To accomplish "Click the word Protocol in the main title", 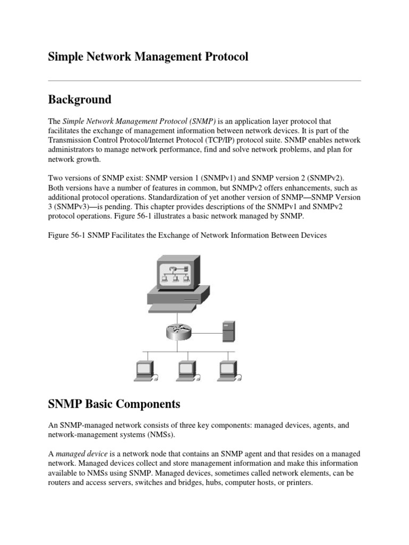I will click(224, 56).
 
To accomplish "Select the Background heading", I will click(79, 100).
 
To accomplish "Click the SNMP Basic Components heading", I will click(114, 404).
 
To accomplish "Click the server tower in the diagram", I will click(229, 332).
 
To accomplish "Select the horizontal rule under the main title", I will click(204, 80).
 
